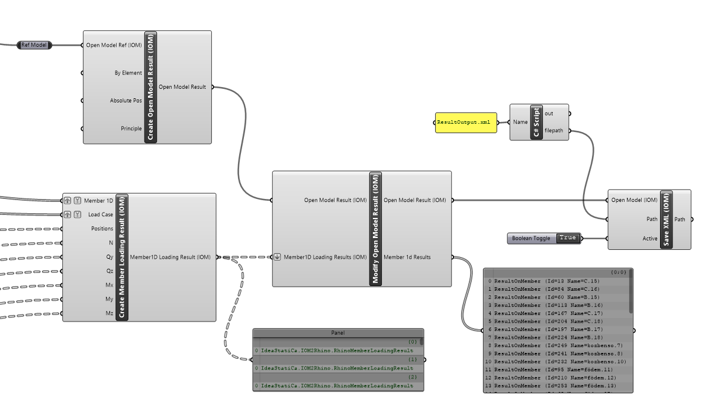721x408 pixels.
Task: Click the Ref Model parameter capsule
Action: (x=34, y=45)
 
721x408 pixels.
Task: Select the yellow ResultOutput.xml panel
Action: (x=466, y=123)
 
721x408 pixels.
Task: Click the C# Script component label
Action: (x=536, y=123)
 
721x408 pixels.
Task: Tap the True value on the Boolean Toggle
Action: (x=567, y=238)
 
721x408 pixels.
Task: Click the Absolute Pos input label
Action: (x=125, y=101)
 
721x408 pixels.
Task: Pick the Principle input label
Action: (x=131, y=128)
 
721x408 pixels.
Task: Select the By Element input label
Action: (x=128, y=73)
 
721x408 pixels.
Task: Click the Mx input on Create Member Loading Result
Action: (x=109, y=285)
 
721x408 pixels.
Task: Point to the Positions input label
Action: (x=102, y=229)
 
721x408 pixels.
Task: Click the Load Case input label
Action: (x=100, y=214)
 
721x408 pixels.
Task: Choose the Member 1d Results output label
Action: (x=407, y=257)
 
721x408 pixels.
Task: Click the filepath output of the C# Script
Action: (x=555, y=131)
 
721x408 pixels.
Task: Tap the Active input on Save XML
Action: (x=649, y=239)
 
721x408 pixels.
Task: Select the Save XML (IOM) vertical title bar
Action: (x=667, y=220)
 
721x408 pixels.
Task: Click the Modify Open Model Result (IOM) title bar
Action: (x=375, y=229)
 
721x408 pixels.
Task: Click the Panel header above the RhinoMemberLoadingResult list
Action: (x=338, y=333)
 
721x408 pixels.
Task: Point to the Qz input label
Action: (x=110, y=271)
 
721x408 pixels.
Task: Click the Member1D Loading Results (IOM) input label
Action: (x=325, y=257)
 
